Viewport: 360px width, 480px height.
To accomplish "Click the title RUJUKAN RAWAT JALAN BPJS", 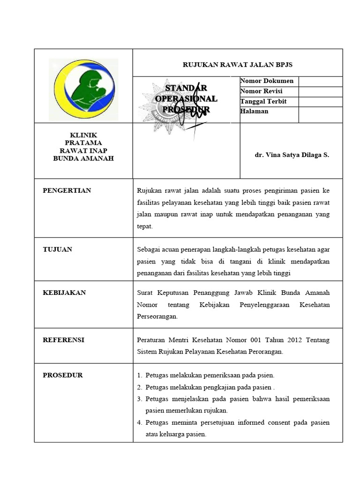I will (237, 65).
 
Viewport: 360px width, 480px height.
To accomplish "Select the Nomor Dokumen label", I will (267, 81).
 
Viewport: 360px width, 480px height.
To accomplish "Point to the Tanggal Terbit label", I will (263, 101).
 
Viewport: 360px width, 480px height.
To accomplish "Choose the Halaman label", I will (254, 112).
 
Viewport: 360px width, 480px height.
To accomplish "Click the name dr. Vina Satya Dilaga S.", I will (292, 155).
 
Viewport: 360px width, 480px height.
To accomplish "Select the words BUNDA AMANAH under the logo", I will (83, 158).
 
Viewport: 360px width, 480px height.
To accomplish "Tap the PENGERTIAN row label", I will (67, 190).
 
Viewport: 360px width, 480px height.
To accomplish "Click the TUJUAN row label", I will (58, 249).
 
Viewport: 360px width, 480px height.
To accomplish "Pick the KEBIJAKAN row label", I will (64, 292).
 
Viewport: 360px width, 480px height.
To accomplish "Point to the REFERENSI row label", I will (64, 340).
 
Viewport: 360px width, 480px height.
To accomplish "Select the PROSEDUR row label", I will (63, 375).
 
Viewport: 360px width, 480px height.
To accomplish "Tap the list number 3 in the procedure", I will (139, 399).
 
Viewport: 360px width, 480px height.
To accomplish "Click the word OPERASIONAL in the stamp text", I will (186, 99).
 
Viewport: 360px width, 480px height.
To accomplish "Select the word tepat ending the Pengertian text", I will (145, 226).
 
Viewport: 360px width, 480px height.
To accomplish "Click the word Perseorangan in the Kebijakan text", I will (157, 316).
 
